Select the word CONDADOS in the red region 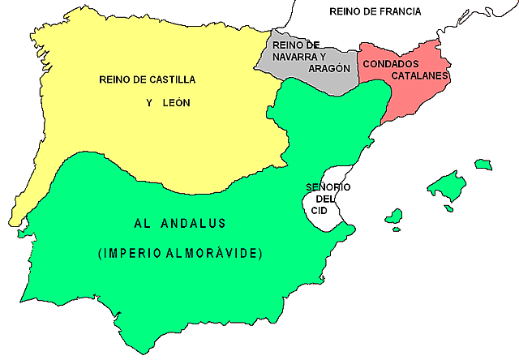pos(391,63)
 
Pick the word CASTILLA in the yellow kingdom pos(173,79)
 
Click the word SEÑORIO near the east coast pos(328,187)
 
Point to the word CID pos(320,210)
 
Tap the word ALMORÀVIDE pos(218,254)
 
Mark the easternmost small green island pos(483,165)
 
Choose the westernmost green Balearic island pos(394,216)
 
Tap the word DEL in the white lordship pos(324,199)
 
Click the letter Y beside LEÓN pos(148,103)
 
